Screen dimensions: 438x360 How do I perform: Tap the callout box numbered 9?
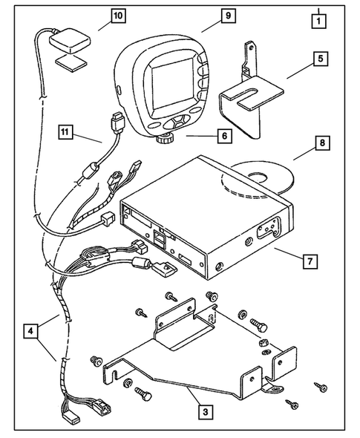pyautogui.click(x=207, y=14)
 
